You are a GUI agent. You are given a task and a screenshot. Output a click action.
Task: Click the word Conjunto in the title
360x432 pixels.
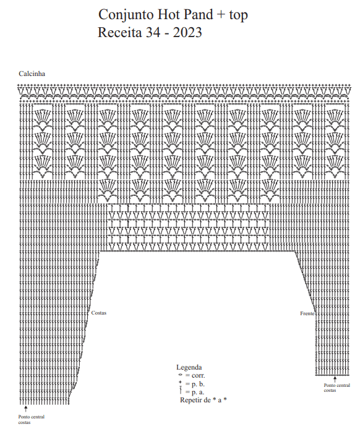pos(126,15)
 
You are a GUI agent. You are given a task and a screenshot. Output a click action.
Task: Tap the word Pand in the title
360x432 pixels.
pos(199,14)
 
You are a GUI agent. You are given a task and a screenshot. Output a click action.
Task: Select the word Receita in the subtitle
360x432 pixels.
pos(120,32)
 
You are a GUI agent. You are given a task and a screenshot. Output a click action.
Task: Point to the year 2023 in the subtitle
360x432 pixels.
pos(187,32)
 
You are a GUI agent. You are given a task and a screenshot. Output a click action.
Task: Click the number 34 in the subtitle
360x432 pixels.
pos(153,32)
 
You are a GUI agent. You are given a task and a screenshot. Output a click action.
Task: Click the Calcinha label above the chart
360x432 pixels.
pos(32,74)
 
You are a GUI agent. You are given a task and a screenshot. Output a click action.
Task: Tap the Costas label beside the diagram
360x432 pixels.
pos(99,313)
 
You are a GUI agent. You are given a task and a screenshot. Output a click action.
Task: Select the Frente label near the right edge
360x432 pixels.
pos(307,313)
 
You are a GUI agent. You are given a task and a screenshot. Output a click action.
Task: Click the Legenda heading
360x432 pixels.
pos(189,367)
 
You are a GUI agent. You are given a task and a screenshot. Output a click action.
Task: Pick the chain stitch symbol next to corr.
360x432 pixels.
pos(180,375)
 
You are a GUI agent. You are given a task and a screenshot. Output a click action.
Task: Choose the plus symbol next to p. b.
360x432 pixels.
pos(180,382)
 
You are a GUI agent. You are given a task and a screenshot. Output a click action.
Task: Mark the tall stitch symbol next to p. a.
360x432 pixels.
pos(181,389)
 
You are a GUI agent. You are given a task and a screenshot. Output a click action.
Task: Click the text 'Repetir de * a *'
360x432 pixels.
pos(204,400)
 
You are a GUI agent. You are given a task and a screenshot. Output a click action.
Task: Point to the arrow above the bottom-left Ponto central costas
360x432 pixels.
pos(25,409)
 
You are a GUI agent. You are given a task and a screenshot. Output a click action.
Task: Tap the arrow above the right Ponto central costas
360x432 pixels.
pos(335,379)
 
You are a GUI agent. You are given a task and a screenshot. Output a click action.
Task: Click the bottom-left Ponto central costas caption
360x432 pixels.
pos(31,420)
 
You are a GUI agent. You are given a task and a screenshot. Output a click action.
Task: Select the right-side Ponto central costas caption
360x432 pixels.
pos(337,388)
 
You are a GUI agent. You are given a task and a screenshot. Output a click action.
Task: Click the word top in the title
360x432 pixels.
pos(238,15)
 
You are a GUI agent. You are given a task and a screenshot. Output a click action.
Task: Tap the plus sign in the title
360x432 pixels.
pos(221,15)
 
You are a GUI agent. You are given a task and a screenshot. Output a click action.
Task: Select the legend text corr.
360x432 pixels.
pos(198,375)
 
